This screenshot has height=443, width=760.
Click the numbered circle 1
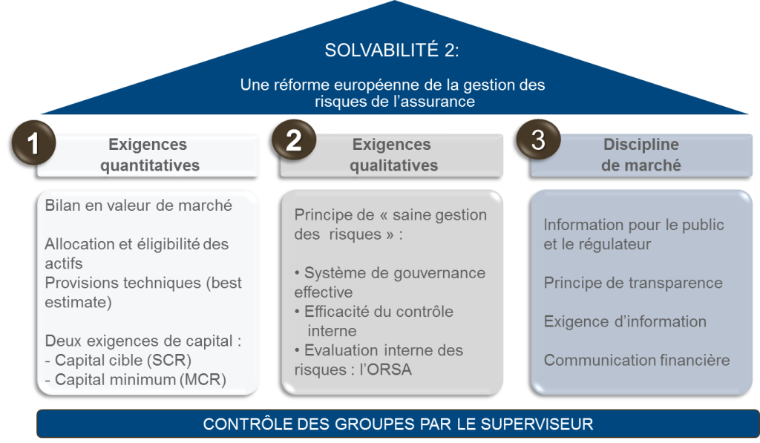point(33,142)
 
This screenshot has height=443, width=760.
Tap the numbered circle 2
point(294,140)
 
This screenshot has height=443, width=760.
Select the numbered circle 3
point(538,140)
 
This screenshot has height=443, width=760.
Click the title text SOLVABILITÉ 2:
point(392,50)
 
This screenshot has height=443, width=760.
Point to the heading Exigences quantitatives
point(149,154)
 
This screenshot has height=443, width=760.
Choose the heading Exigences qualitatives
point(393,154)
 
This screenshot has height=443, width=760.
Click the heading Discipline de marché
point(641,154)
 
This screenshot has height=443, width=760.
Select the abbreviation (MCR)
point(203,379)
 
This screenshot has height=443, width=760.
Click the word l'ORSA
point(385,370)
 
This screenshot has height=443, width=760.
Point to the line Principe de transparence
point(633,283)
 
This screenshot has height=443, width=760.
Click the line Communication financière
point(636,360)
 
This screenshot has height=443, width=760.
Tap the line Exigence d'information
point(625,321)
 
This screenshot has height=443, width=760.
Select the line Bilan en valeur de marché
point(139,206)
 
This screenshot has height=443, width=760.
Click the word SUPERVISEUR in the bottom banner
point(537,424)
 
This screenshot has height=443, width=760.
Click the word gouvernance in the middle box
point(439,274)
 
